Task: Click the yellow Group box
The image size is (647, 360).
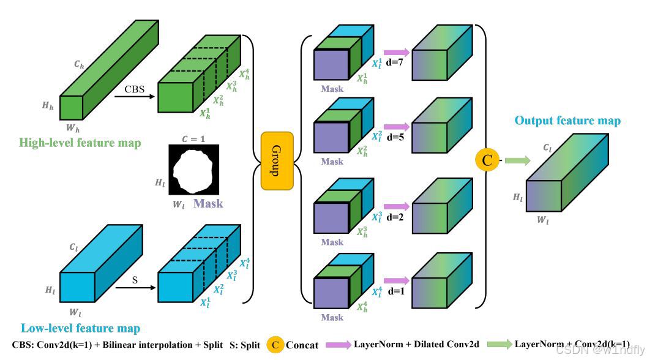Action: pyautogui.click(x=277, y=160)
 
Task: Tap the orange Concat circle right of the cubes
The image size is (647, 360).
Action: pyautogui.click(x=487, y=160)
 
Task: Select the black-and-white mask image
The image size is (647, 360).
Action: pyautogui.click(x=194, y=170)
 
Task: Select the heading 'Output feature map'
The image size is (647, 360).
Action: pyautogui.click(x=567, y=121)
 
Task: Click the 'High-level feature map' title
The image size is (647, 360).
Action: pyautogui.click(x=80, y=143)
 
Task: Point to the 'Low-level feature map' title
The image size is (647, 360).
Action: pyautogui.click(x=80, y=329)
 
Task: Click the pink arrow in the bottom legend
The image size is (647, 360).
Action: pyautogui.click(x=338, y=345)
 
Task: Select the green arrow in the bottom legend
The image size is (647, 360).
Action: pyautogui.click(x=497, y=345)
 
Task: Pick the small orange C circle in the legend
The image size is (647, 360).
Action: pyautogui.click(x=275, y=345)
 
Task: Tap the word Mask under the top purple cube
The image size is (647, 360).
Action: pyautogui.click(x=332, y=89)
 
